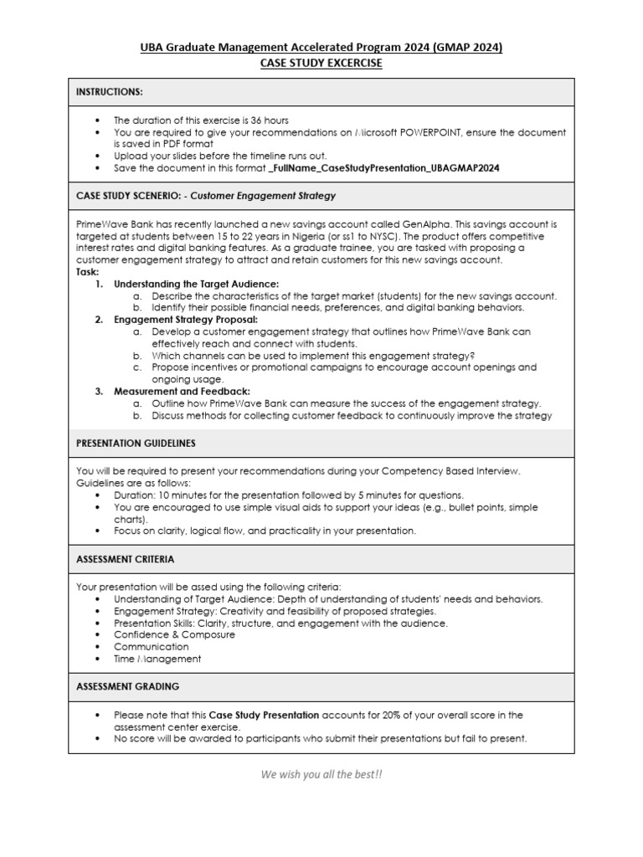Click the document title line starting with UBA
(x=321, y=48)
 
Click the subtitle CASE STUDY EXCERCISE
(x=321, y=63)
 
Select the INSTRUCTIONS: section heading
(x=110, y=91)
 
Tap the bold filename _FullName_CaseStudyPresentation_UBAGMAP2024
(x=384, y=167)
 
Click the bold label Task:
(x=88, y=272)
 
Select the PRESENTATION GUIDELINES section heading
(x=136, y=443)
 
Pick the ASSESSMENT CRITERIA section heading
(x=126, y=558)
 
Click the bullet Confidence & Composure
(x=174, y=634)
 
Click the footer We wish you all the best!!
(x=321, y=774)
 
